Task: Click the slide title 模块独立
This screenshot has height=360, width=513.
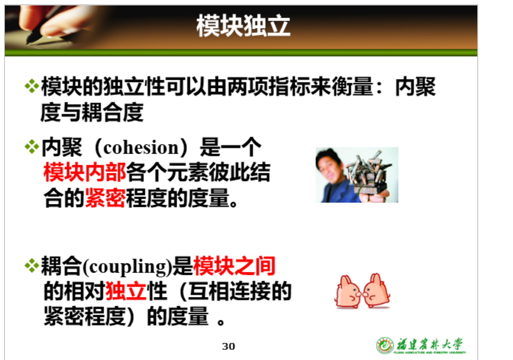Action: pyautogui.click(x=243, y=26)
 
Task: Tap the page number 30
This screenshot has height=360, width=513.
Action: pyautogui.click(x=228, y=346)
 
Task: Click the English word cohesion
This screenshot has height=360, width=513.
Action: pyautogui.click(x=141, y=148)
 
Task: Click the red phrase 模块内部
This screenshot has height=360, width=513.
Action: pyautogui.click(x=85, y=172)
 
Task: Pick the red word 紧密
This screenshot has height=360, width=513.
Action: pyautogui.click(x=105, y=198)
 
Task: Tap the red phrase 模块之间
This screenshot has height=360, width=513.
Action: pyautogui.click(x=234, y=266)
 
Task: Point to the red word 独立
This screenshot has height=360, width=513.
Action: pyautogui.click(x=126, y=291)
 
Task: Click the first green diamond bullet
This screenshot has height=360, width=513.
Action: pyautogui.click(x=32, y=87)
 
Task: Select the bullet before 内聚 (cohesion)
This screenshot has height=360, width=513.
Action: pyautogui.click(x=32, y=147)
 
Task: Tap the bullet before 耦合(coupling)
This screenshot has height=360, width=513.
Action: pyautogui.click(x=32, y=266)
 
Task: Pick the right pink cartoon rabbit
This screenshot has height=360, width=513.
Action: pyautogui.click(x=377, y=291)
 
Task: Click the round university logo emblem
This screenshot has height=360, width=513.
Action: pyautogui.click(x=385, y=345)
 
